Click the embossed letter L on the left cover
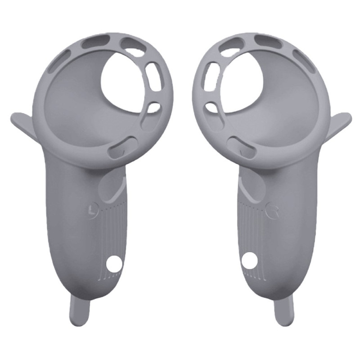pos(93,209)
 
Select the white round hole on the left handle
pos(115,263)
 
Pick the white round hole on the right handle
pos(249,261)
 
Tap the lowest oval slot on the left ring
pos(123,146)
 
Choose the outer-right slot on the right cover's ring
pos(304,60)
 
